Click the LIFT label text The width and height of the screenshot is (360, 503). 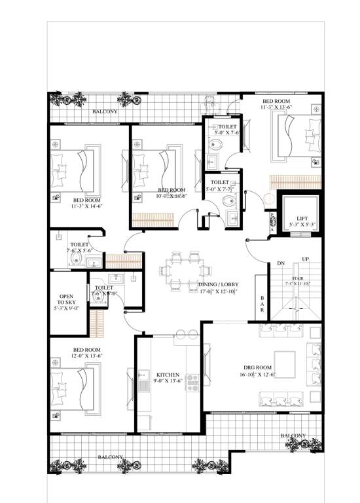[302, 218]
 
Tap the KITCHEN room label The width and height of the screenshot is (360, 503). [167, 375]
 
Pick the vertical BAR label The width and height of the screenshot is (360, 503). [262, 306]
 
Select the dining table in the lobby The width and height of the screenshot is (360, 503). [189, 270]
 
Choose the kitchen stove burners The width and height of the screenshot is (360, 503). [193, 382]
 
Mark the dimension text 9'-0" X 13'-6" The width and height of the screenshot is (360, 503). [167, 381]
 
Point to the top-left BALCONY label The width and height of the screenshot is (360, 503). [105, 113]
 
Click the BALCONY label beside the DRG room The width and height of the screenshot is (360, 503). [293, 436]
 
